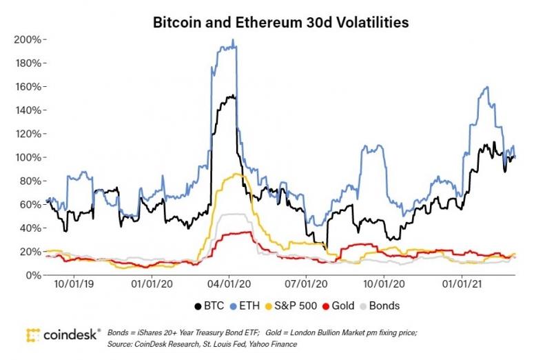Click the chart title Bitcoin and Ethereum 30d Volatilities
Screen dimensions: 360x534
tap(280, 23)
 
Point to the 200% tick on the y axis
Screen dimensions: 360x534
tap(29, 39)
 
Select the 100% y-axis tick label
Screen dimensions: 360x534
tap(29, 157)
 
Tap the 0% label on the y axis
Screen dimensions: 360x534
tap(34, 275)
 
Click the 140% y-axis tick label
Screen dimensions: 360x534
tap(29, 110)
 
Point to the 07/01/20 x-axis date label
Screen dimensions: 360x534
tap(303, 283)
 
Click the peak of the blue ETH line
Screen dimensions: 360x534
tap(234, 40)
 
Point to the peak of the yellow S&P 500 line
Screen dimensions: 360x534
tap(238, 174)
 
